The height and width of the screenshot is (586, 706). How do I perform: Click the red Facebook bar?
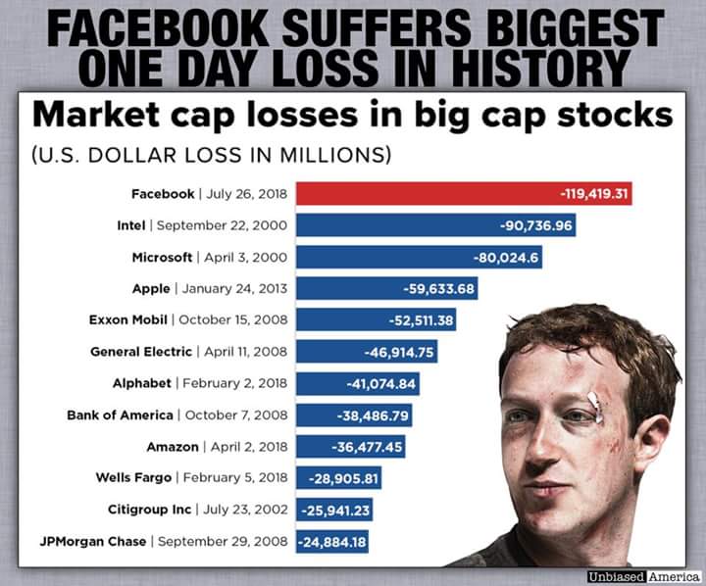click(x=463, y=194)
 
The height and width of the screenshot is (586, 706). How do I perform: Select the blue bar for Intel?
click(x=435, y=225)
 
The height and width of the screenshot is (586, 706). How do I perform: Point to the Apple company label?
click(x=150, y=288)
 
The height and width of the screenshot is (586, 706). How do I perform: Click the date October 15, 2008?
click(x=233, y=319)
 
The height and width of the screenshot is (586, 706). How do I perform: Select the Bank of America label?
click(x=120, y=415)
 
